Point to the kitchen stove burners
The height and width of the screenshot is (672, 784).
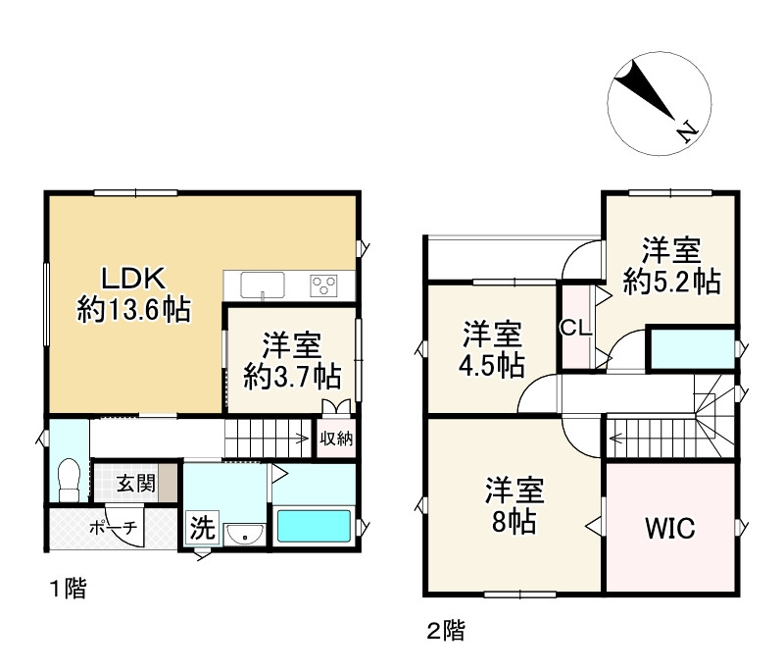tap(325, 284)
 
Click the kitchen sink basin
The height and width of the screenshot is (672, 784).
tap(262, 284)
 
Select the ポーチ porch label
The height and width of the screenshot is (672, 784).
tap(114, 527)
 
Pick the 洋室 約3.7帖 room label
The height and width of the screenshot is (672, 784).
tap(292, 361)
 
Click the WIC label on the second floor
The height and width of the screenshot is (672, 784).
tap(669, 529)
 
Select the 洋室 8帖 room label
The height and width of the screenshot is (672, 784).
tap(514, 506)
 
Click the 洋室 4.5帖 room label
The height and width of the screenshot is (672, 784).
tap(493, 348)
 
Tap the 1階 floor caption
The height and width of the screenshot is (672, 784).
tap(70, 589)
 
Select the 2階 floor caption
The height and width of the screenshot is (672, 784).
tap(445, 631)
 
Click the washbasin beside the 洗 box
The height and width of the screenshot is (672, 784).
tap(242, 533)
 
